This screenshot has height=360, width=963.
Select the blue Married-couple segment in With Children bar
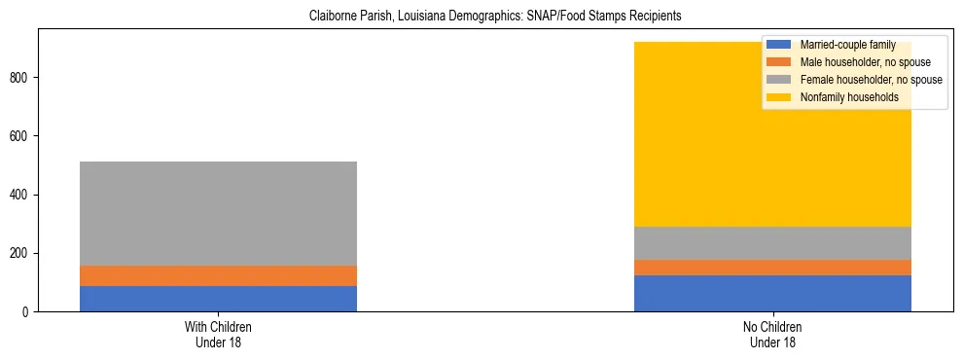[x=218, y=299]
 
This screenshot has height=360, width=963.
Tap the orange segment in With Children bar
[x=218, y=275]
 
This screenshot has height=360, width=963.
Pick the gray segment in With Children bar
[x=218, y=213]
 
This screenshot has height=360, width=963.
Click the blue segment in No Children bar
[x=772, y=293]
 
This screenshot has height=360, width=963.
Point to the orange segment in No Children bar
[x=772, y=268]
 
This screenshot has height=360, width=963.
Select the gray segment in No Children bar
[x=772, y=243]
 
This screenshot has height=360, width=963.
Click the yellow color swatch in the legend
[x=779, y=97]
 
